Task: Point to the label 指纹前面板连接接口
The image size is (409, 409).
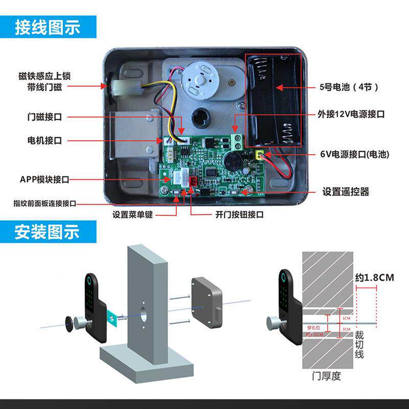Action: tap(44, 203)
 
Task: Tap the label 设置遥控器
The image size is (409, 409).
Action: tap(346, 192)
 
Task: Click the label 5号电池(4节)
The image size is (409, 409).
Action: tap(350, 87)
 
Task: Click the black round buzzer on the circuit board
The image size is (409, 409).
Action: tap(232, 162)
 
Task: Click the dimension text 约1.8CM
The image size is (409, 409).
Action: tap(374, 278)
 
